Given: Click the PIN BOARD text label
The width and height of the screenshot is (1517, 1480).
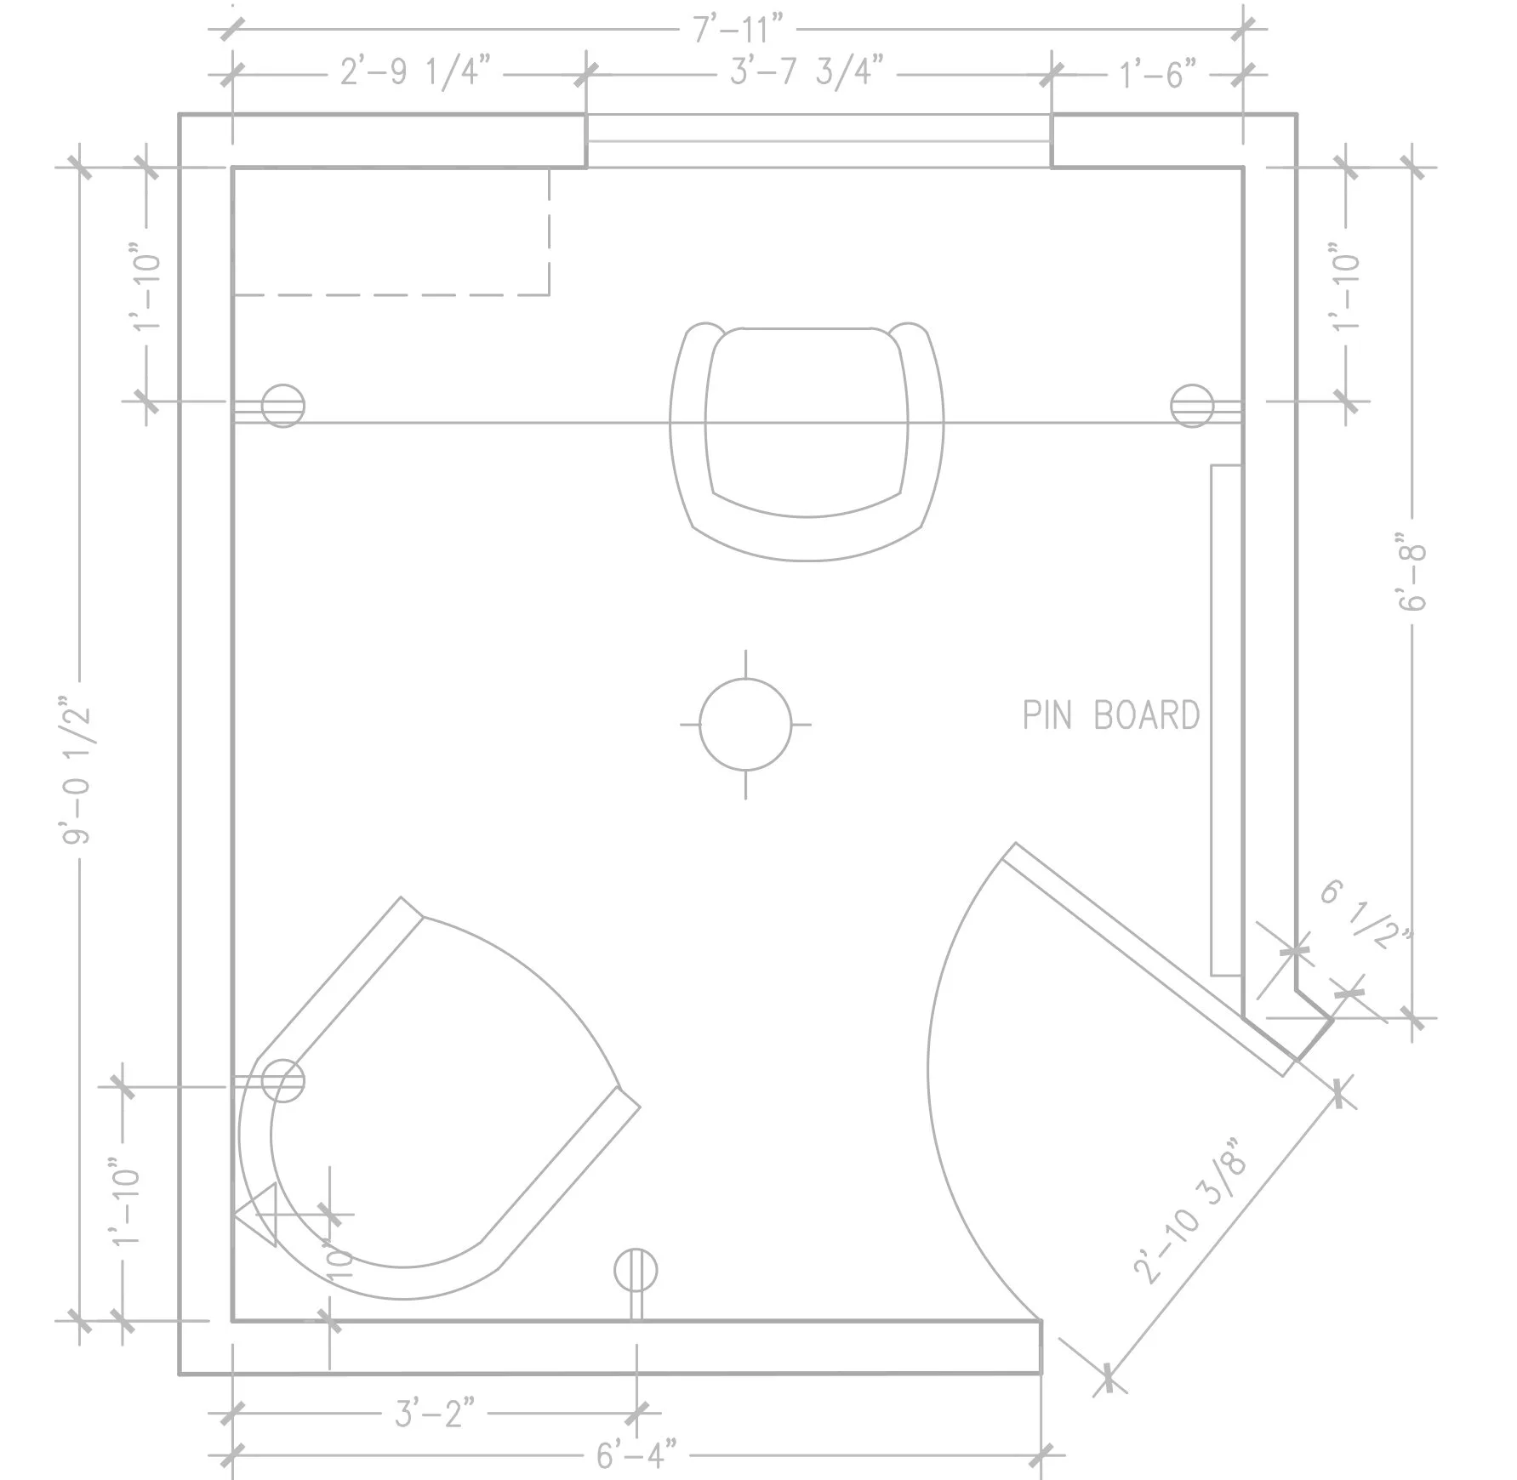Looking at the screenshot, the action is click(x=1110, y=715).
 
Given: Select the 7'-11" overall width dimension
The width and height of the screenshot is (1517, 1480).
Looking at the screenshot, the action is click(x=737, y=29).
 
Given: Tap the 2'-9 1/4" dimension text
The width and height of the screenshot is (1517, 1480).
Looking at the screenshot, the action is click(x=415, y=73).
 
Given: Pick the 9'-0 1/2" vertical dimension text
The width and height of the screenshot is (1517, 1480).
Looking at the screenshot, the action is click(x=77, y=770).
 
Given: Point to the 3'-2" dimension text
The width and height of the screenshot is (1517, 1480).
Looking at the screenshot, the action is click(x=434, y=1414).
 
